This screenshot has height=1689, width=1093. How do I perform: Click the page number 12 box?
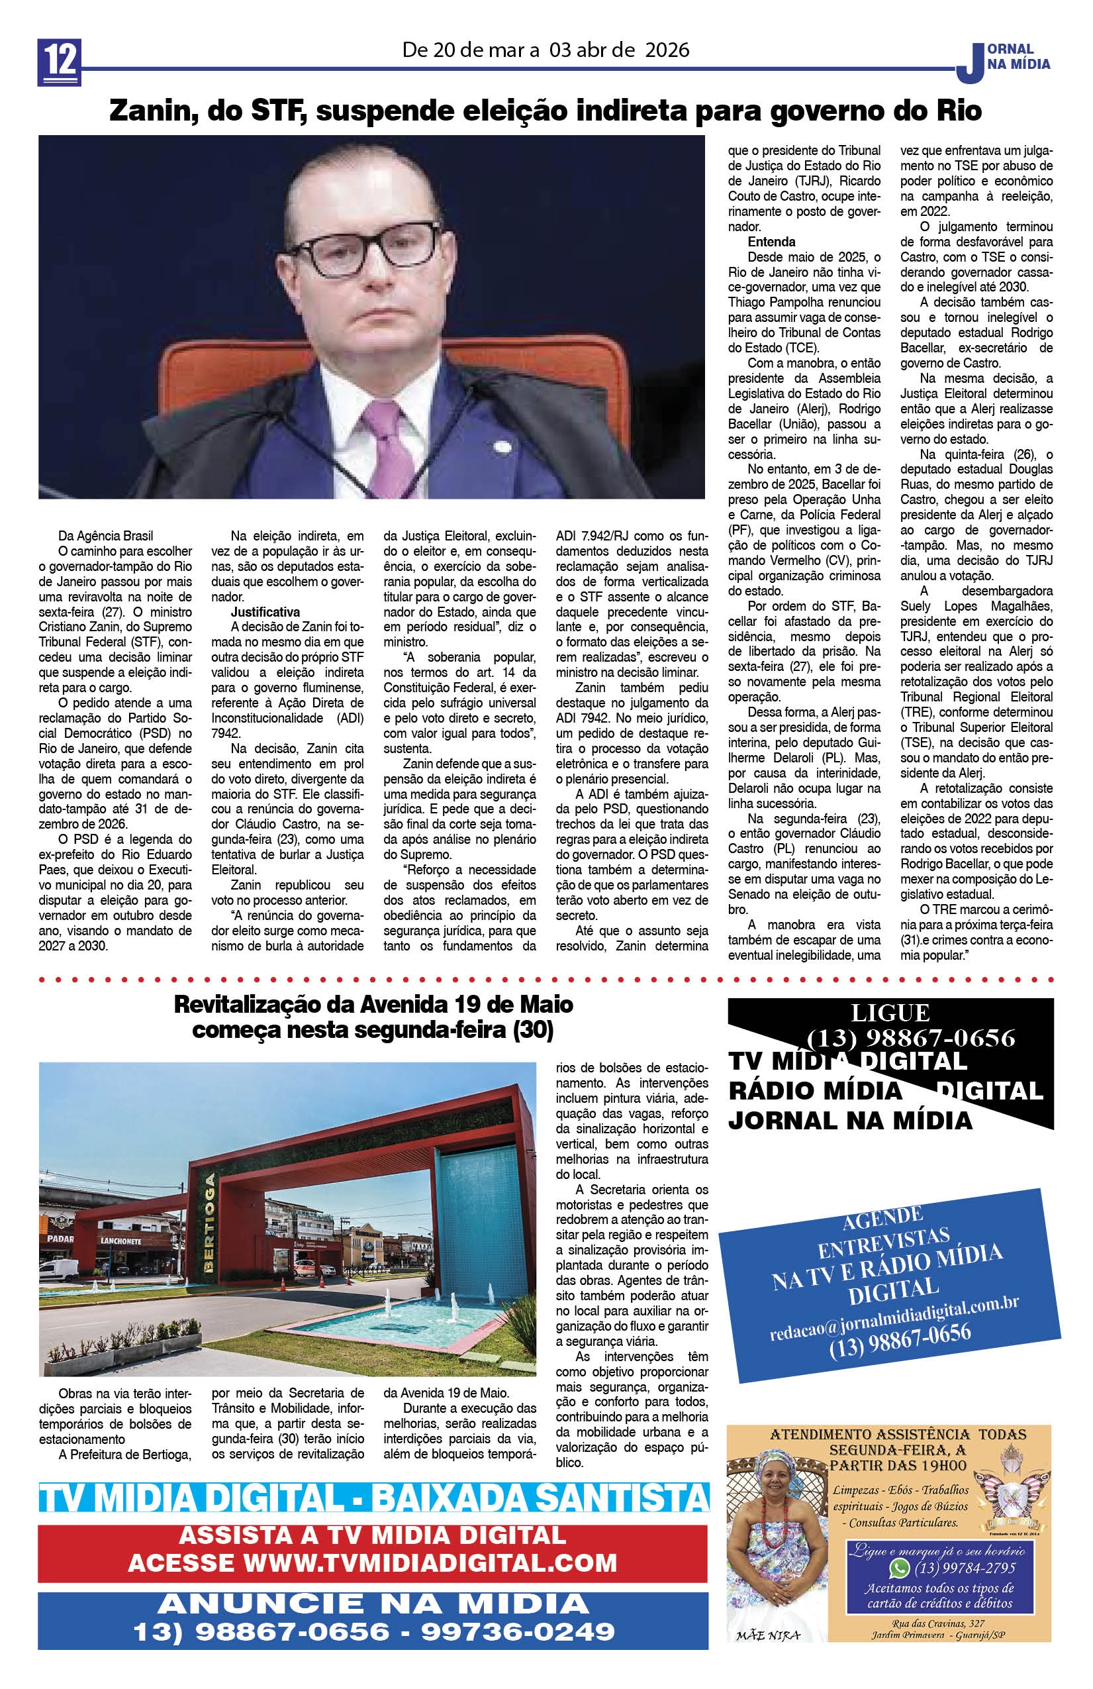(x=60, y=62)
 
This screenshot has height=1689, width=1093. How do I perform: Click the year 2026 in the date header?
(x=667, y=50)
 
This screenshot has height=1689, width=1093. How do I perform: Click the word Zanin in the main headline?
(x=150, y=111)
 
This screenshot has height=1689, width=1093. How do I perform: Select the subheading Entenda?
(x=771, y=241)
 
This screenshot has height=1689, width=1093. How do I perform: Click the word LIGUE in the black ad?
(x=890, y=1013)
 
